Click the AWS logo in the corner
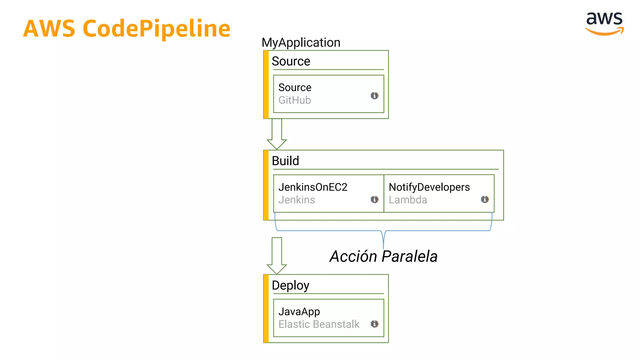coord(604,23)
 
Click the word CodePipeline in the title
coord(157,29)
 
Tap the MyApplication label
coord(301,42)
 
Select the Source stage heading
coord(291,61)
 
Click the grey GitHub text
coord(294,100)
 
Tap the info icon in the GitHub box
coord(374,96)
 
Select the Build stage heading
coord(285,161)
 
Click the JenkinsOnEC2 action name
coord(312,187)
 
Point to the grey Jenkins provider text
coord(297,200)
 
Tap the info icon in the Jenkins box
coord(374,199)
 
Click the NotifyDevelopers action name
coord(429,187)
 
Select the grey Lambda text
coord(407,200)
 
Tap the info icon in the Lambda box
coord(485,199)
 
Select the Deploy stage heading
coord(290,285)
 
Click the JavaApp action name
coord(299,312)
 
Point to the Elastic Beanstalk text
coord(319,324)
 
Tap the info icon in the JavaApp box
coord(374,324)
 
